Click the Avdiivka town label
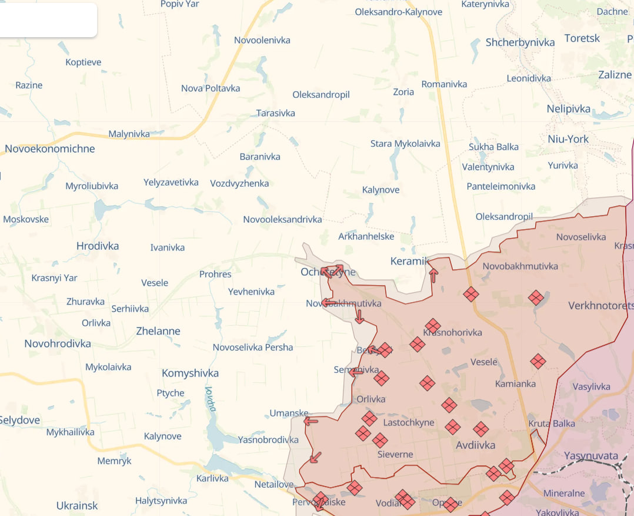point(475,445)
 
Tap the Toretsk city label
point(582,38)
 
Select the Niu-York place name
point(568,139)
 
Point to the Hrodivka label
point(98,246)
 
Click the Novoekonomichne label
point(50,149)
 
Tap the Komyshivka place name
point(190,373)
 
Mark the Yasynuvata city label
point(590,456)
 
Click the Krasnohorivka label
point(452,333)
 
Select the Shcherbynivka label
point(520,42)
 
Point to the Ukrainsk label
point(77,505)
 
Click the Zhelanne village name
point(158,331)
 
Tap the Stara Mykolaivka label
point(405,144)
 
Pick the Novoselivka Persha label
point(253,348)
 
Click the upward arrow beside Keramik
point(433,275)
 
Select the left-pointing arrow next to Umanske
point(311,421)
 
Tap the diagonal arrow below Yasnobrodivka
point(316,457)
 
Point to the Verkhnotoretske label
point(600,306)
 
